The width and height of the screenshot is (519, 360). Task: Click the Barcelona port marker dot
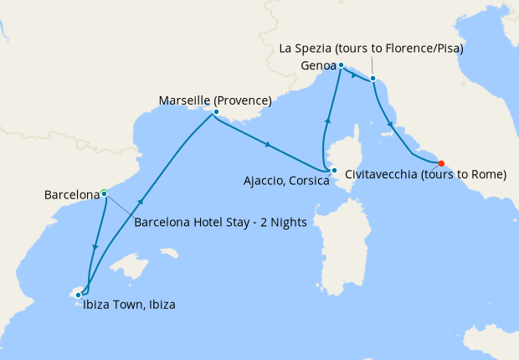point(104,193)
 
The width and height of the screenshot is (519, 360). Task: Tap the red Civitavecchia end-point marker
point(441,163)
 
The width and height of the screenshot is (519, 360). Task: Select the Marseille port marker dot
point(216,111)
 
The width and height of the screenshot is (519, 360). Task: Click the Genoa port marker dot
point(341,64)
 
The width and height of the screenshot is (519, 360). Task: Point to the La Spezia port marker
point(373,80)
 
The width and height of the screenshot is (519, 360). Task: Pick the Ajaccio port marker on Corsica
point(334,172)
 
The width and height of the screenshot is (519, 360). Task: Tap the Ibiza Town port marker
point(78,294)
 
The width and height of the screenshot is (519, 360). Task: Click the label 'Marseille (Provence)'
point(215,100)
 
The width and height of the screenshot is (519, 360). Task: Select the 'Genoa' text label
point(317,65)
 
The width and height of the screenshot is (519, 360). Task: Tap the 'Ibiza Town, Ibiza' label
point(129,306)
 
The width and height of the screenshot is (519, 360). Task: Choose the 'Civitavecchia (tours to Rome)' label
point(426,175)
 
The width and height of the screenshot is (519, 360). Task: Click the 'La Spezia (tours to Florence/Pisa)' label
point(372,49)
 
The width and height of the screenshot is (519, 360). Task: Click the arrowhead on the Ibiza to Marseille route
point(141,202)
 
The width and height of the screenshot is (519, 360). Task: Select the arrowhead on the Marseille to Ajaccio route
point(267,145)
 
